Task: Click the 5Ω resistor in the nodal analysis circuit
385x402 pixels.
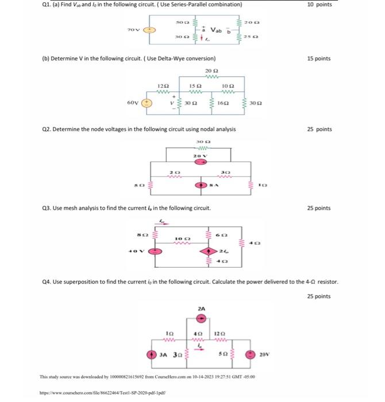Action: coord(151,185)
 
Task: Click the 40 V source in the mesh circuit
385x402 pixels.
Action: coord(153,251)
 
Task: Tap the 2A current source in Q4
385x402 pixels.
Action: coord(200,318)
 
